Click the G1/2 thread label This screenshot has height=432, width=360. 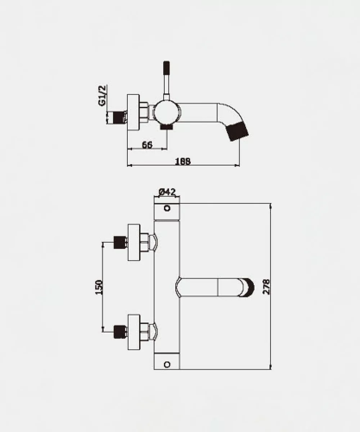click(x=103, y=95)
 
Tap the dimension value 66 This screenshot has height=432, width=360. click(x=147, y=145)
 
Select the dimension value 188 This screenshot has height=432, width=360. click(x=183, y=162)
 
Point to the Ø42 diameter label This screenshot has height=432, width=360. click(x=167, y=192)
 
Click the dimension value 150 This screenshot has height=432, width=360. click(x=98, y=287)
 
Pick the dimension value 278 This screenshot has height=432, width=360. click(x=267, y=286)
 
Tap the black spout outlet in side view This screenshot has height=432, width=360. click(x=237, y=131)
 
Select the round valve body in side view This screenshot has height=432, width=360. click(x=167, y=113)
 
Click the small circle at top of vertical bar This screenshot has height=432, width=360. click(x=167, y=208)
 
